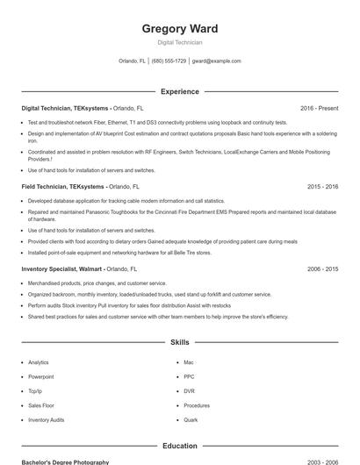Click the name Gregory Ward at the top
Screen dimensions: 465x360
(x=180, y=29)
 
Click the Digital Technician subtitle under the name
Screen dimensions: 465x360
(x=180, y=42)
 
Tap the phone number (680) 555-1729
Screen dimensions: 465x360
(x=169, y=61)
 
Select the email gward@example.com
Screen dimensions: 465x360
(x=216, y=61)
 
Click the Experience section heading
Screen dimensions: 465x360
(x=180, y=91)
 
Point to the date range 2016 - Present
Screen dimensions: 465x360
(x=319, y=108)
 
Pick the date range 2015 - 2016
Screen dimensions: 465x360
(x=322, y=187)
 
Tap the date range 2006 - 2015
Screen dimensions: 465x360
(x=322, y=269)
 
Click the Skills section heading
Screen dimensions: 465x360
(x=180, y=342)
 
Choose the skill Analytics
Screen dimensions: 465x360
(x=39, y=362)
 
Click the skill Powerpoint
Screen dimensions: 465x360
(x=41, y=376)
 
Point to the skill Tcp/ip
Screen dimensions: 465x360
(x=35, y=391)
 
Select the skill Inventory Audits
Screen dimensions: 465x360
(x=47, y=420)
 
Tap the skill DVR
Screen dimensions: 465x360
(x=190, y=391)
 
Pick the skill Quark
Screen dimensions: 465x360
(x=191, y=420)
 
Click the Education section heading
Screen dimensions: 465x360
(x=180, y=446)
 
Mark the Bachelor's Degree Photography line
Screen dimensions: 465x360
(x=66, y=461)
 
